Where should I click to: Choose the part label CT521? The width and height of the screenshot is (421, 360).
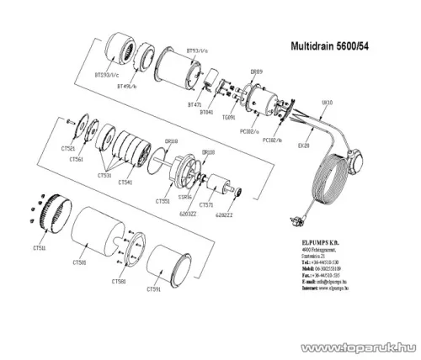point(70,147)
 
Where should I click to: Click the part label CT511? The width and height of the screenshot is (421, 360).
point(40,250)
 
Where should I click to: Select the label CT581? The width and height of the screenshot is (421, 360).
point(121,282)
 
